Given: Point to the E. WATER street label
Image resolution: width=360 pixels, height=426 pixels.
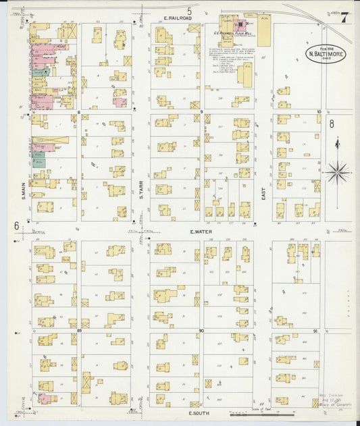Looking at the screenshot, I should pyautogui.click(x=201, y=230).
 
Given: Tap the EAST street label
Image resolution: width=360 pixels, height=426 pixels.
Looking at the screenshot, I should pyautogui.click(x=264, y=194).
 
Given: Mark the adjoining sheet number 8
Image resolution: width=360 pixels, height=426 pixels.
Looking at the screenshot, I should pyautogui.click(x=332, y=124).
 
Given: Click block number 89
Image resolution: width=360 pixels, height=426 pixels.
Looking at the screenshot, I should pyautogui.click(x=79, y=330).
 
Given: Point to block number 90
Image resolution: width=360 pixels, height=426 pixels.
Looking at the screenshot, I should pyautogui.click(x=201, y=330).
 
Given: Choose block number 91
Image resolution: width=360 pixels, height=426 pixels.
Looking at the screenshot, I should pyautogui.click(x=317, y=330).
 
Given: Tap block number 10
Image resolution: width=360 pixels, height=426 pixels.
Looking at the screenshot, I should pyautogui.click(x=319, y=111).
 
